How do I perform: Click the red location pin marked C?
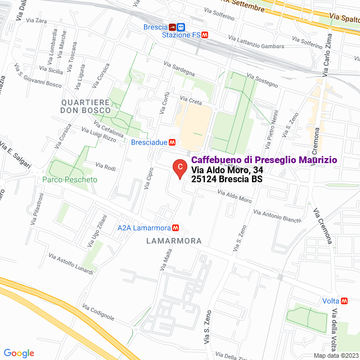coord(179,168)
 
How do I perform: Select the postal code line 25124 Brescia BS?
coord(227,179)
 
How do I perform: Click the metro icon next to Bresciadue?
coord(172,142)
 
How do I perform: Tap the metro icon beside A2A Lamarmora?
coord(176,228)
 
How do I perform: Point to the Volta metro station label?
coord(330,301)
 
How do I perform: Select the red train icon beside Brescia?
coord(172,26)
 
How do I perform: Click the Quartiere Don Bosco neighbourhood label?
coord(86,106)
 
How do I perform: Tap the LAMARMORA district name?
coord(173,241)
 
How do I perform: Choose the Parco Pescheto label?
coord(70,180)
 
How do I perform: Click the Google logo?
coord(19,353)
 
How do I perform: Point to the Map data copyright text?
coord(336,355)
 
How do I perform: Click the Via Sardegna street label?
coord(179,69)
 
